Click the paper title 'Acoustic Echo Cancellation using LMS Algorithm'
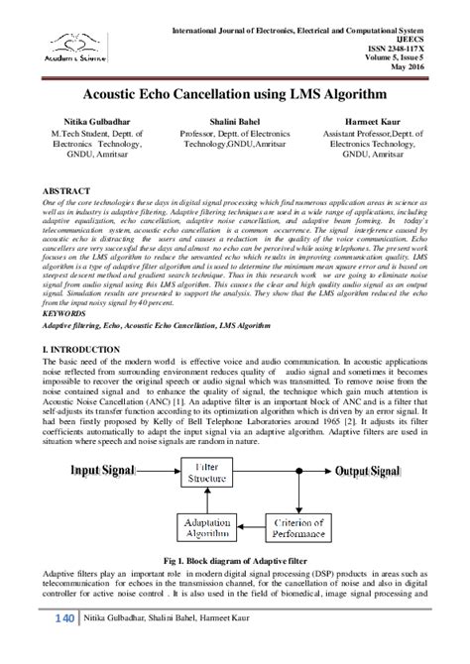pos(235,92)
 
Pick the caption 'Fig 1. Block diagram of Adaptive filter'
pos(235,563)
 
